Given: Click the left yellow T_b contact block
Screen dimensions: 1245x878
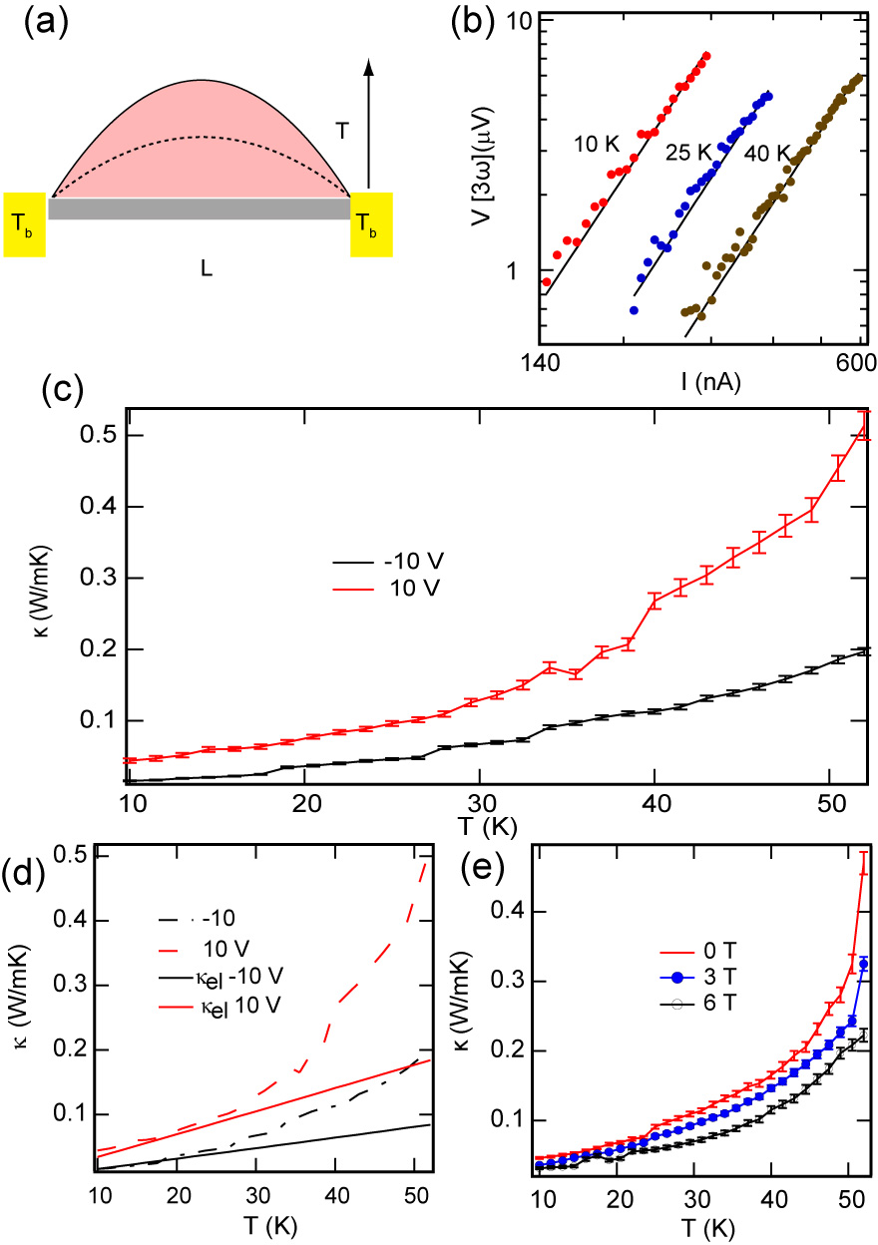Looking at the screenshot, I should point(25,223).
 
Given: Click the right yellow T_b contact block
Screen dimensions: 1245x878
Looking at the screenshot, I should point(370,223).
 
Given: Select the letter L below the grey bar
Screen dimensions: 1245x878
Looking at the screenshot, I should point(207,269).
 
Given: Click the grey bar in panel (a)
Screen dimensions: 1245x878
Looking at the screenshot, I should point(199,208).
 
